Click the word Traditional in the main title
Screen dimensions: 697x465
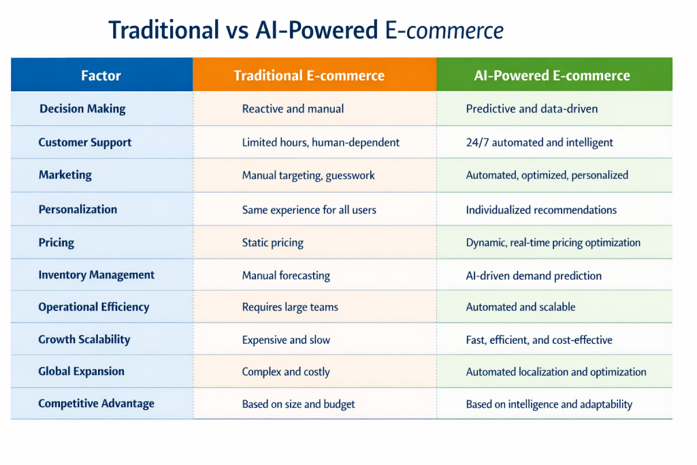click(x=163, y=30)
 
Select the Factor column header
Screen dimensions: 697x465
click(x=101, y=76)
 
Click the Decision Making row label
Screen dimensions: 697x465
click(x=82, y=109)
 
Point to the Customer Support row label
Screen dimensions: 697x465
click(x=85, y=142)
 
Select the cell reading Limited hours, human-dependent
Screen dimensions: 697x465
click(x=321, y=142)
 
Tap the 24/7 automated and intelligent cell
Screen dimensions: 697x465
click(x=539, y=142)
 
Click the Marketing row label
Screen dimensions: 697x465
click(x=65, y=175)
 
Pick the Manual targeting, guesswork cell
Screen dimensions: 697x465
click(x=308, y=175)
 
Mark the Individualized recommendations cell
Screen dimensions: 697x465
click(x=541, y=210)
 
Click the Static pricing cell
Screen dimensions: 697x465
click(x=272, y=243)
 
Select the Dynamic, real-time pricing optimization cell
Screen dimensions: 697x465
click(x=553, y=243)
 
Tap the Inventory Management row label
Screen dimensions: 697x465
click(x=97, y=275)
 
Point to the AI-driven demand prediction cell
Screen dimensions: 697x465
click(x=534, y=276)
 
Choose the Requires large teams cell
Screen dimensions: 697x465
click(x=290, y=307)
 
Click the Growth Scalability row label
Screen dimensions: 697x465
click(x=84, y=340)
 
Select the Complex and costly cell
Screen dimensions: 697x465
click(x=286, y=372)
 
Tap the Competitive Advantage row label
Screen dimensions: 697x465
click(x=96, y=404)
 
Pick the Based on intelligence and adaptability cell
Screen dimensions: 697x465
click(x=549, y=404)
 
